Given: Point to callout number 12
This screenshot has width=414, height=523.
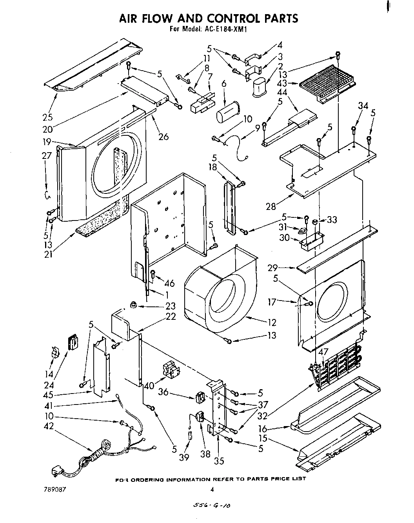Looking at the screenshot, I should (x=272, y=323).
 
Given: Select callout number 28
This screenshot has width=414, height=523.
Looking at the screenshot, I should (x=271, y=206).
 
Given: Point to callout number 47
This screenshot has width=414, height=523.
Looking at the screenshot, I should (x=323, y=352).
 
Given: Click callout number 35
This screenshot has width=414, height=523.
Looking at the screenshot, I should (x=219, y=461).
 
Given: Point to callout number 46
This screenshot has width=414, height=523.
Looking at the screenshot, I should (x=169, y=283).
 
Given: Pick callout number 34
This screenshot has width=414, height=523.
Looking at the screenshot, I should (x=363, y=106).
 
